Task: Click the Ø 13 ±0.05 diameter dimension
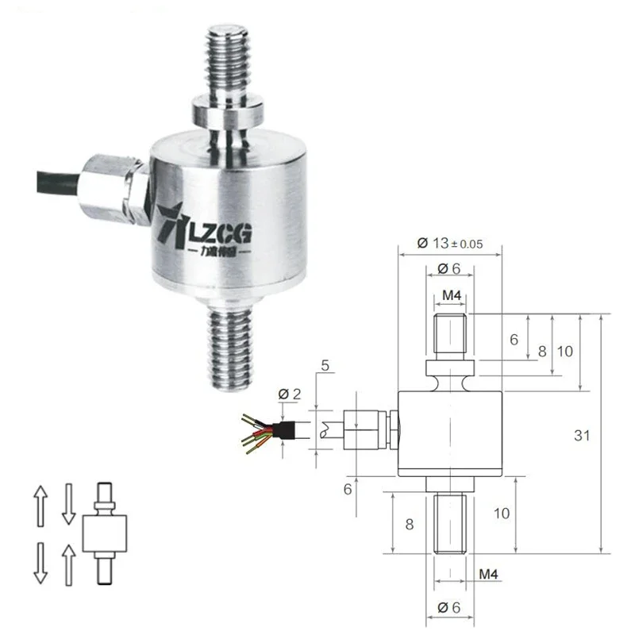450,243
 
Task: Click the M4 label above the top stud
452,296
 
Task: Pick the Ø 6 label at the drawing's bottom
450,608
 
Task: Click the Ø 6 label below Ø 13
450,269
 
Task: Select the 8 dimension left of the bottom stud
410,524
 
